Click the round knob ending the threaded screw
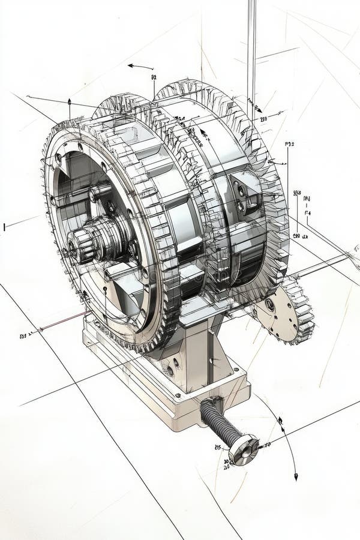point(244,449)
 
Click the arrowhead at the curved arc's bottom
point(295,476)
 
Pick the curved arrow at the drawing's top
point(140,67)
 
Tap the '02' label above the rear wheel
point(154,77)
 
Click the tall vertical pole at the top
point(251,48)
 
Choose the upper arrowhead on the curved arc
point(280,421)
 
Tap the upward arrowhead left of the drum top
point(69,101)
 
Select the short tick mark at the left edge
point(4,227)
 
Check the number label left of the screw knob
point(218,447)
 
